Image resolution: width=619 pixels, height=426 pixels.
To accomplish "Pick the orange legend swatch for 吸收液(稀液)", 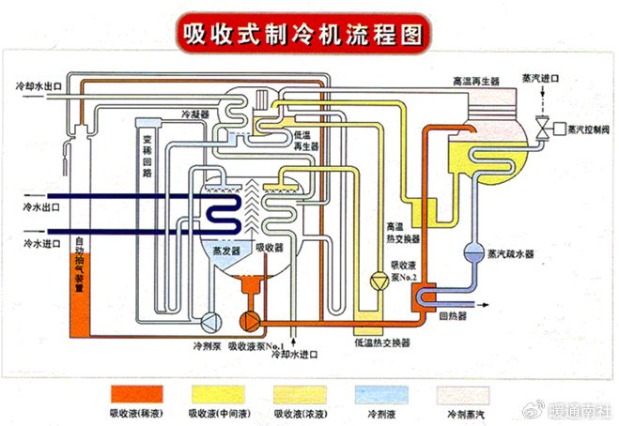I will tap(136, 392).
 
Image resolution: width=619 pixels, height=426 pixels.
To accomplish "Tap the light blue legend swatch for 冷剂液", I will tap(380, 392).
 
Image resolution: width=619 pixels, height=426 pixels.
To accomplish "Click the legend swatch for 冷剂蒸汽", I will tap(462, 392).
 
